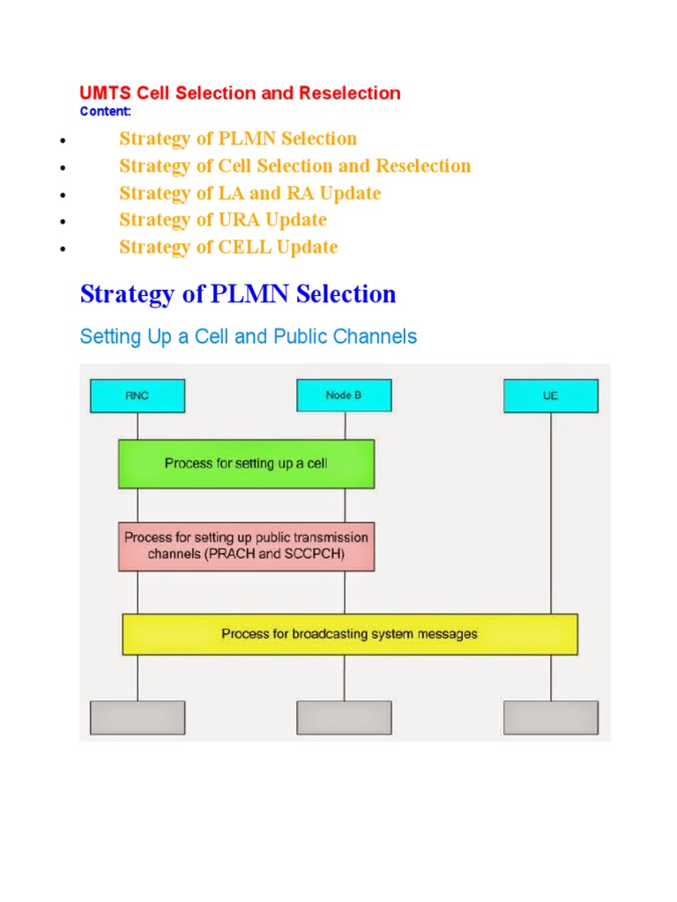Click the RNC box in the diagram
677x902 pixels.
138,396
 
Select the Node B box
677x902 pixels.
344,396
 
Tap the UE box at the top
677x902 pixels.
551,396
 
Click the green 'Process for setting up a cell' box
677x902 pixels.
246,463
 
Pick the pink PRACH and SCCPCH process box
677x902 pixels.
246,546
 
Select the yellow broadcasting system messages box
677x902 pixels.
350,634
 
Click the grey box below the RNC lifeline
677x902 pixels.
138,717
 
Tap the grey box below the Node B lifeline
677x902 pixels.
344,717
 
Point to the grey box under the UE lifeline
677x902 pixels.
551,717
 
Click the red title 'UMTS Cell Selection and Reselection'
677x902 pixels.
240,93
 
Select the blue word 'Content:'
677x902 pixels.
105,111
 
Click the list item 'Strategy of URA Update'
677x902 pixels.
223,219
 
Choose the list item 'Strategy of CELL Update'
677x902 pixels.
228,247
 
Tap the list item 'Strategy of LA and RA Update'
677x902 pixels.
250,193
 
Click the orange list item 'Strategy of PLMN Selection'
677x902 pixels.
238,138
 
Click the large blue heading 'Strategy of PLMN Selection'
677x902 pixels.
238,294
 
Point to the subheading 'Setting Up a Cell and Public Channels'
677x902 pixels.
249,336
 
